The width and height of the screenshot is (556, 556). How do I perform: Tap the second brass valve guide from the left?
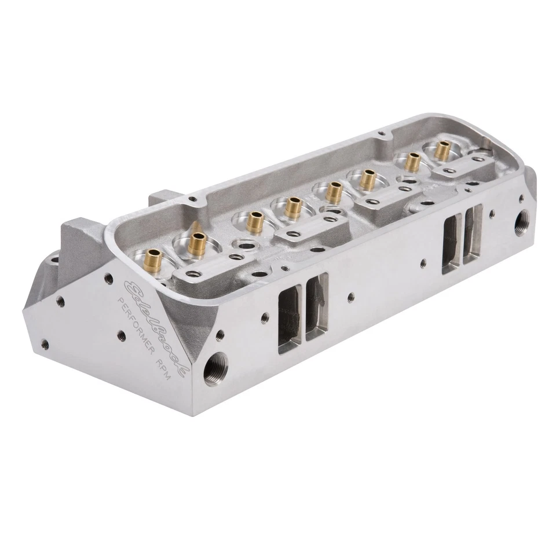[x=197, y=240]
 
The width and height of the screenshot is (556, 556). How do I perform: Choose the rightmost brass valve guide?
[x=444, y=149]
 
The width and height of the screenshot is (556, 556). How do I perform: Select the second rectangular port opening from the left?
[x=316, y=307]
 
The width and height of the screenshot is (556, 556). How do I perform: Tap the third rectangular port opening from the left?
[x=452, y=243]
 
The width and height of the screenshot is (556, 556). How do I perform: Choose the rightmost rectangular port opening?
[x=474, y=233]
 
